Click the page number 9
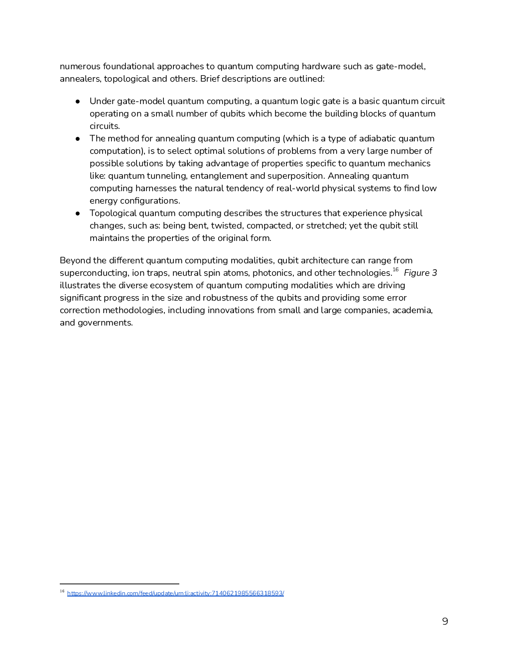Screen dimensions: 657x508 coord(445,621)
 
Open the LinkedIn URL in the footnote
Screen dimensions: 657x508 coord(175,593)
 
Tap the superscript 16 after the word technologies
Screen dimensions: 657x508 coord(395,270)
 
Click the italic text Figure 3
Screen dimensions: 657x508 coord(420,273)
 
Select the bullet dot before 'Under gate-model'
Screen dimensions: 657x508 coord(78,102)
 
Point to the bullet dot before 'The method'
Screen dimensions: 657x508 coord(78,139)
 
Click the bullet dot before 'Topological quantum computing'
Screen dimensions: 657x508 coord(78,214)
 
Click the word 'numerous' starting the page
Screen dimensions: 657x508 coord(80,67)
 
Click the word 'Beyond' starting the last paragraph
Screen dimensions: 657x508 coord(75,261)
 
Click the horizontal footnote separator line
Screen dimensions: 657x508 coord(120,584)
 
